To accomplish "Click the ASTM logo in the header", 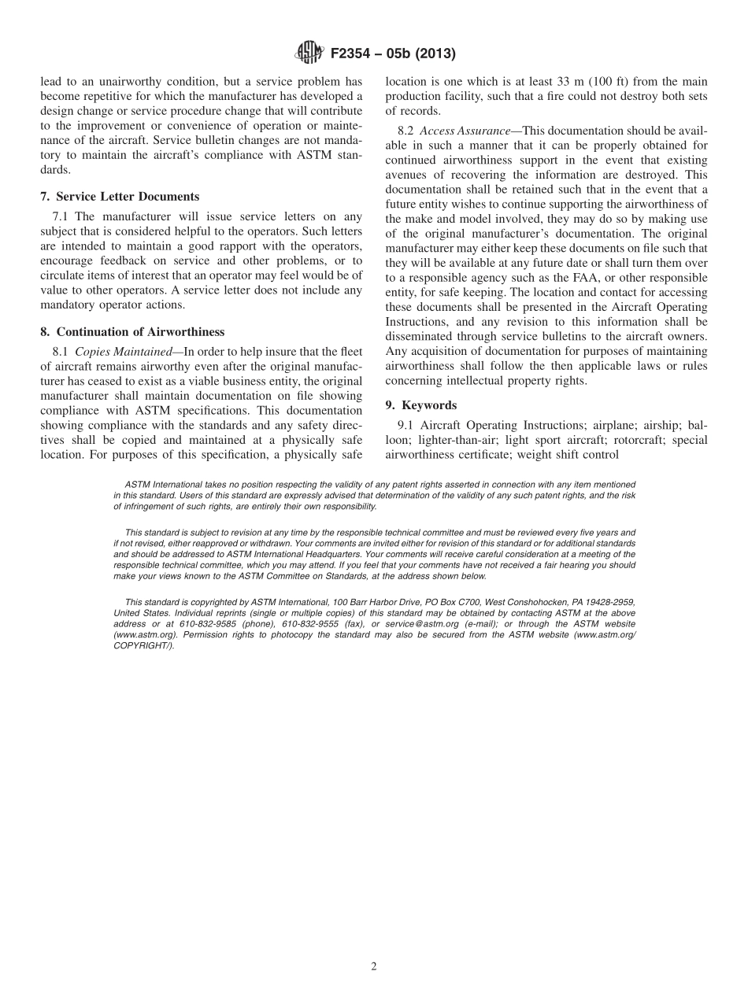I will click(309, 53).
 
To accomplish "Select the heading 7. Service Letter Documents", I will click(120, 196).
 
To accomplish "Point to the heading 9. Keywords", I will click(420, 404).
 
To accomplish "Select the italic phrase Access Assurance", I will click(465, 131).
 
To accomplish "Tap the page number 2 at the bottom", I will click(374, 966).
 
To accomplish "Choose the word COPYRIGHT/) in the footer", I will click(143, 645).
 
